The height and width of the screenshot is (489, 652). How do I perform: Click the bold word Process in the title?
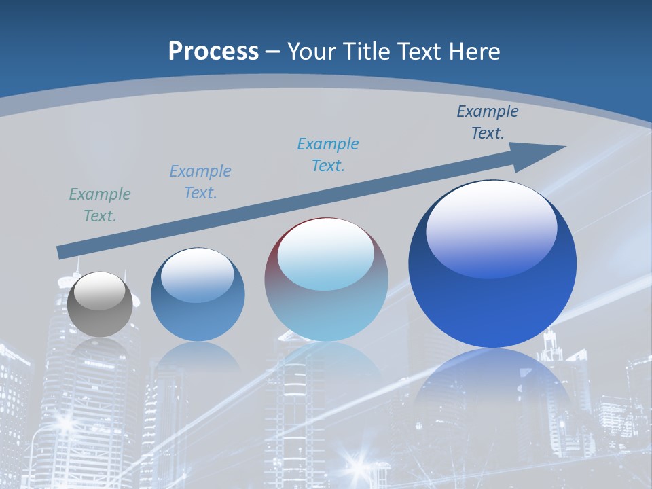pos(213,52)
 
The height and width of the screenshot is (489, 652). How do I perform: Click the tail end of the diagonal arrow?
pos(61,253)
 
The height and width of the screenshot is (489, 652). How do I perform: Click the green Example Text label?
pos(100,205)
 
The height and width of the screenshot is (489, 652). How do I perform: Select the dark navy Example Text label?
pos(488,122)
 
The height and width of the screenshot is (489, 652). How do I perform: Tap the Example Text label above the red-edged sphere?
pos(328,155)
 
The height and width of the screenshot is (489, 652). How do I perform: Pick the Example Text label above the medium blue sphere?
pos(200,182)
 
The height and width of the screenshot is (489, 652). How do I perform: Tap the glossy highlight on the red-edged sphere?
pos(326,255)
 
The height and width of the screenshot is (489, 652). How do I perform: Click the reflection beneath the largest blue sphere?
pos(492,380)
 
